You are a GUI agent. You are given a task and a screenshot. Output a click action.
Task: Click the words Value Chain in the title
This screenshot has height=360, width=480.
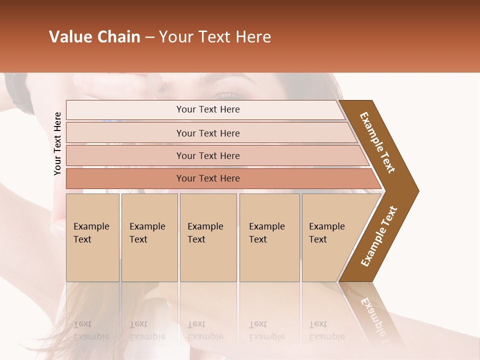[94, 37]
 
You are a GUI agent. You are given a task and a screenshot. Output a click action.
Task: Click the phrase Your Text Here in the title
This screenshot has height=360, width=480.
[215, 37]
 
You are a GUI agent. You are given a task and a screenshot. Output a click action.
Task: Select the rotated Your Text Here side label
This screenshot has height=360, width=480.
[57, 143]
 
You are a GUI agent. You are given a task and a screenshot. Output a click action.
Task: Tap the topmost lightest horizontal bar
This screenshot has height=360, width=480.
[208, 109]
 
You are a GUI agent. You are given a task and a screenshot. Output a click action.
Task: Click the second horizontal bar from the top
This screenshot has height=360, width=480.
[208, 133]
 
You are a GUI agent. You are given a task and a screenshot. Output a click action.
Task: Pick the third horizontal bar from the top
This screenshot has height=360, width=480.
[208, 155]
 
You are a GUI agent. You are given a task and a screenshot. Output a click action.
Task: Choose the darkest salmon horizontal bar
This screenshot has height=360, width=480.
[208, 178]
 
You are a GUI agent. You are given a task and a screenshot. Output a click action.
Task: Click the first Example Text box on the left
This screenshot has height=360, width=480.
[92, 237]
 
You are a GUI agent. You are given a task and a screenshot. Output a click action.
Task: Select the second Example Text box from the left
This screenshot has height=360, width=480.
[149, 237]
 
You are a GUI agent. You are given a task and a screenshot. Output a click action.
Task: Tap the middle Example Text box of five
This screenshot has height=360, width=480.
[208, 237]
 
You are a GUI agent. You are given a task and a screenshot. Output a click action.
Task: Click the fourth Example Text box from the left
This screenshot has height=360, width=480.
[269, 237]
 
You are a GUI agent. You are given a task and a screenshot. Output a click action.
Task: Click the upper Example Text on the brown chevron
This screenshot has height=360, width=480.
[377, 142]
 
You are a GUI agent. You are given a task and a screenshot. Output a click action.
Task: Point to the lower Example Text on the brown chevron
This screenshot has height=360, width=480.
[379, 236]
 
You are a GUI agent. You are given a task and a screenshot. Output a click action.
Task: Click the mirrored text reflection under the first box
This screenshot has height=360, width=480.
[91, 331]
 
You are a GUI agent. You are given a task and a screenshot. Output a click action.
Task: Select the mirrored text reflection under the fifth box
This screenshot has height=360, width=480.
[326, 331]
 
